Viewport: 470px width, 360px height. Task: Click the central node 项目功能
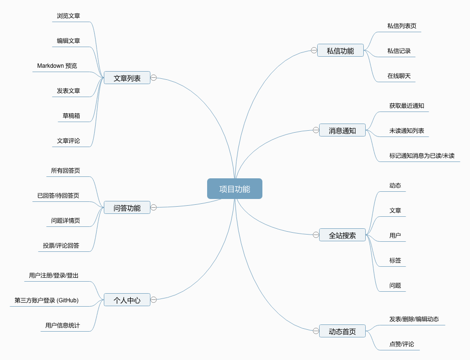pos(235,189)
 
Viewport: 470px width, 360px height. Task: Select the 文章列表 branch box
pos(127,78)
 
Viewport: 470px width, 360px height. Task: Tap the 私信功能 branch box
pos(340,50)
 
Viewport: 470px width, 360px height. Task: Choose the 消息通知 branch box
pos(342,130)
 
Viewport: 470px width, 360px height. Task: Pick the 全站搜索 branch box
pos(342,235)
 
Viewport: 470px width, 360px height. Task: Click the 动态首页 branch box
pos(342,331)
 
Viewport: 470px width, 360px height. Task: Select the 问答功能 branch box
pos(127,208)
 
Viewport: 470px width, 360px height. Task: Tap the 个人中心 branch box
pos(127,300)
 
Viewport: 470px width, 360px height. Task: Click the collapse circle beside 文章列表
pos(154,77)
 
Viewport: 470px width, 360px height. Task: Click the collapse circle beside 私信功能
pos(314,50)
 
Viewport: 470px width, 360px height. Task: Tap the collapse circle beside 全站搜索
pos(316,235)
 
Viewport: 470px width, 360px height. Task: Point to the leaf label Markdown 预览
pos(57,66)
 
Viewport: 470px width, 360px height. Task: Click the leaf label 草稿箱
pos(71,116)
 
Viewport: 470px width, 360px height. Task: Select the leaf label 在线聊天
pos(399,76)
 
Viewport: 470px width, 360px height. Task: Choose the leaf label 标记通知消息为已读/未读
pos(421,156)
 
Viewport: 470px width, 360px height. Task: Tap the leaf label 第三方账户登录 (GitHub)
pos(47,300)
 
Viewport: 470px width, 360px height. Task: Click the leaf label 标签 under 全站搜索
pos(395,261)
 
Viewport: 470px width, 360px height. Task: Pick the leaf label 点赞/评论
pos(401,344)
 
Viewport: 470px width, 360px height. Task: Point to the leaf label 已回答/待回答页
pos(58,196)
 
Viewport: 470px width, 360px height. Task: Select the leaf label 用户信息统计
pos(62,325)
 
